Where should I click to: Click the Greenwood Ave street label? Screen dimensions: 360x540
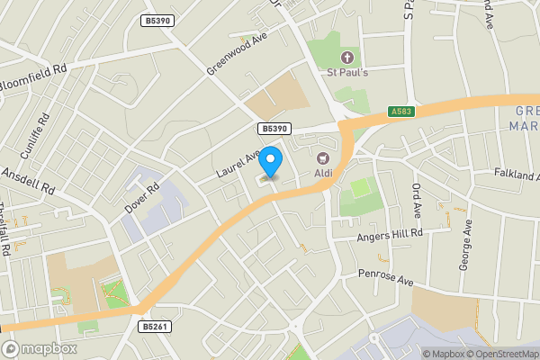pyautogui.click(x=238, y=56)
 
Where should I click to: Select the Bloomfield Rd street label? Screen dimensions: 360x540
pyautogui.click(x=33, y=69)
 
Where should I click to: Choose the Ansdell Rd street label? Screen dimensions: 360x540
pyautogui.click(x=28, y=183)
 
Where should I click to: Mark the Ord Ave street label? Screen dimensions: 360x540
pyautogui.click(x=417, y=202)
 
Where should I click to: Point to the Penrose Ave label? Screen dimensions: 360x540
pyautogui.click(x=385, y=276)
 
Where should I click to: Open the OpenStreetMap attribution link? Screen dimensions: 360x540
pyautogui.click(x=500, y=354)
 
